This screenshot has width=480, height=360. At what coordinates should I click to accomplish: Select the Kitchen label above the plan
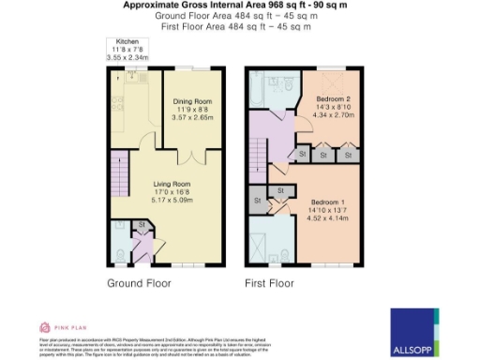[x=127, y=42]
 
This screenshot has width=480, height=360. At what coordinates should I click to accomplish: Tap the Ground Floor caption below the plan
[x=139, y=282]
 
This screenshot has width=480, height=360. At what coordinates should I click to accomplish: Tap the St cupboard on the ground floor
[x=141, y=225]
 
